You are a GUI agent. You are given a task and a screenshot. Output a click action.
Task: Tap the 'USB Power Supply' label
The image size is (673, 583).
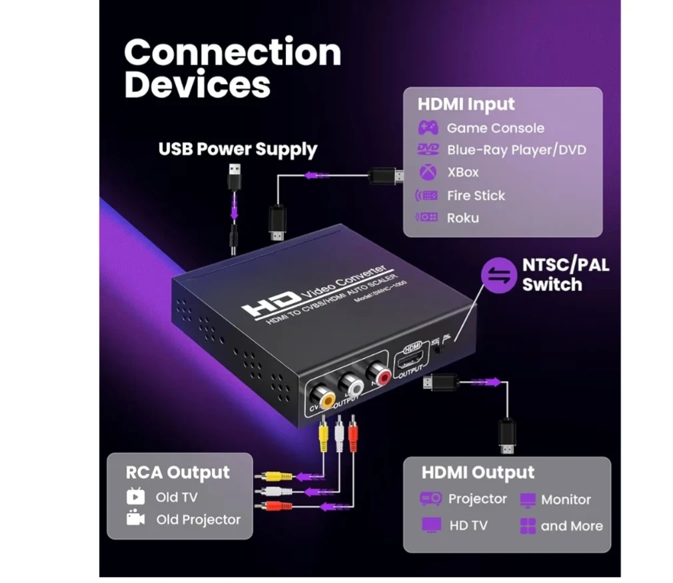237,149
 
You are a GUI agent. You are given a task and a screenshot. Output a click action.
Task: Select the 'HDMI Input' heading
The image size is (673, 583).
466,105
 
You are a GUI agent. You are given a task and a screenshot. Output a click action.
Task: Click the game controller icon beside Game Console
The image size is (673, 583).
427,128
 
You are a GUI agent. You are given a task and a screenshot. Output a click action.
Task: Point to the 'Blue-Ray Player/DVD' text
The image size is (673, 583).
516,150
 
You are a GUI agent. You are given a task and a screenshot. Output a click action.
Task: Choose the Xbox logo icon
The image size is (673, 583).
427,172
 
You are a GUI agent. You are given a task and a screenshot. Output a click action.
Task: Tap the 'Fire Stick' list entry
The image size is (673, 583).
476,195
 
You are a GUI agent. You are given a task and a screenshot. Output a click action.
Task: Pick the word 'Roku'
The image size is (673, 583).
462,218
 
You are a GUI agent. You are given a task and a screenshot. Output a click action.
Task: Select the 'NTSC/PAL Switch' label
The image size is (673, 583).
565,275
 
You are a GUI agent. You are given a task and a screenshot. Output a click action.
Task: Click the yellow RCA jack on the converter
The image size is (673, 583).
327,399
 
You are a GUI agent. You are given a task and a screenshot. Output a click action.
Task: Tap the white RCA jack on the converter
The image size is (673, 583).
352,384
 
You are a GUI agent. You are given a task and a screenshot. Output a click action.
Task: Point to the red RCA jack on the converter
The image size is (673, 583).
382,378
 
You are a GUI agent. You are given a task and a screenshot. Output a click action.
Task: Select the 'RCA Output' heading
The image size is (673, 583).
177,472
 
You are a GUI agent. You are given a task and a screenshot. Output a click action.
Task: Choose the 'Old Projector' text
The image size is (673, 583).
198,519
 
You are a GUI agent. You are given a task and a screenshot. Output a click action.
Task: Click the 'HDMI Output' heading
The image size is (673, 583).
478,473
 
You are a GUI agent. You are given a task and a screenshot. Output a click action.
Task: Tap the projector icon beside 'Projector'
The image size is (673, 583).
430,498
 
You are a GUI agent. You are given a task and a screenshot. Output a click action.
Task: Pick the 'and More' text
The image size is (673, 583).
571,526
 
